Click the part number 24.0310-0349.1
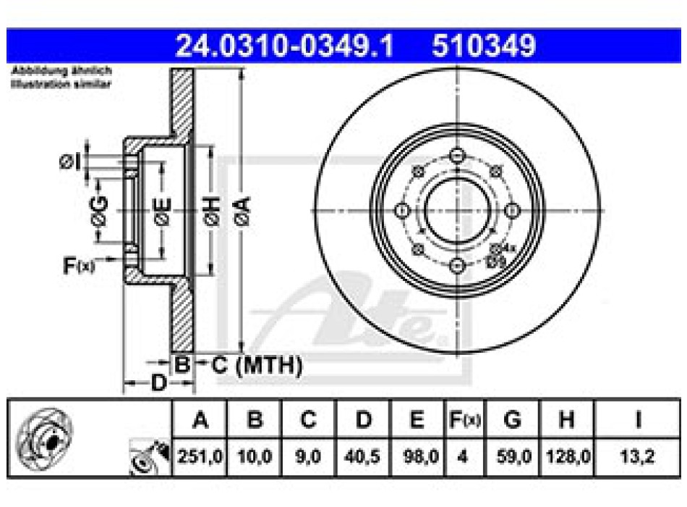[285, 46]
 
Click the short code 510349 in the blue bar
[484, 46]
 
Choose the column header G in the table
[512, 419]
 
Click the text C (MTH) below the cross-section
[257, 366]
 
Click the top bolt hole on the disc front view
[456, 155]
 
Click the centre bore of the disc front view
[456, 211]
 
